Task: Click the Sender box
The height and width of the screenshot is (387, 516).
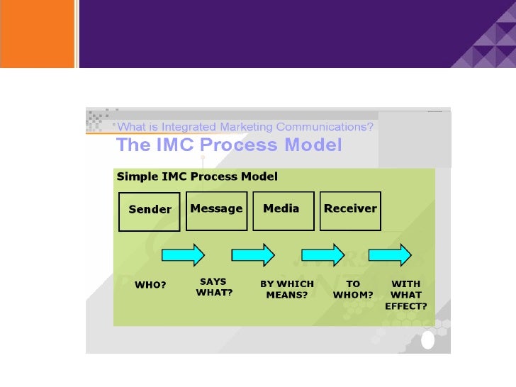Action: (x=150, y=210)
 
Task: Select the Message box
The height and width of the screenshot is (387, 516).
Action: (x=216, y=209)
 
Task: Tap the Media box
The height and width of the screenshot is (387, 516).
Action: (x=283, y=209)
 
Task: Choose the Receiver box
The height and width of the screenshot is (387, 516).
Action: (x=350, y=209)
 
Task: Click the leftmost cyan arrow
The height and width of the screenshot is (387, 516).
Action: (x=184, y=254)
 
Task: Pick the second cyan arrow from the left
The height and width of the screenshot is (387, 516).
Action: (x=253, y=254)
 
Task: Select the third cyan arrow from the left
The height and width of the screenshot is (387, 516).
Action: (x=323, y=254)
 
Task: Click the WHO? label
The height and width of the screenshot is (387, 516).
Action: (x=150, y=285)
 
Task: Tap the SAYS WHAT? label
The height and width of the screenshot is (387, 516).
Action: (x=214, y=287)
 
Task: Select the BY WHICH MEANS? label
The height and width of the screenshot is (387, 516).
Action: (x=286, y=289)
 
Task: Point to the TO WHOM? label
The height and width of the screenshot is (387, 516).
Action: (x=352, y=289)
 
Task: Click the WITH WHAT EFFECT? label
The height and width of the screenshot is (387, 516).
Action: (x=405, y=295)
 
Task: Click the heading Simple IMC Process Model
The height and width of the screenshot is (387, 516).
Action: (x=197, y=176)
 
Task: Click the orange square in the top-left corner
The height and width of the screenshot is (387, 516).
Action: (x=37, y=33)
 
